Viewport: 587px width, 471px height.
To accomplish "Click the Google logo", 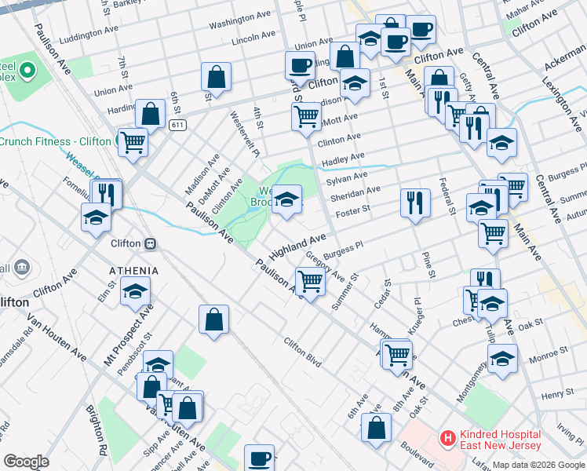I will [x=26, y=461].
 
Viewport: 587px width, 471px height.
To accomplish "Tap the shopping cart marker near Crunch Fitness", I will [x=133, y=142].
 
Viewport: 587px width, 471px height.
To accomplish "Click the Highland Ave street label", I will [x=297, y=246].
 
